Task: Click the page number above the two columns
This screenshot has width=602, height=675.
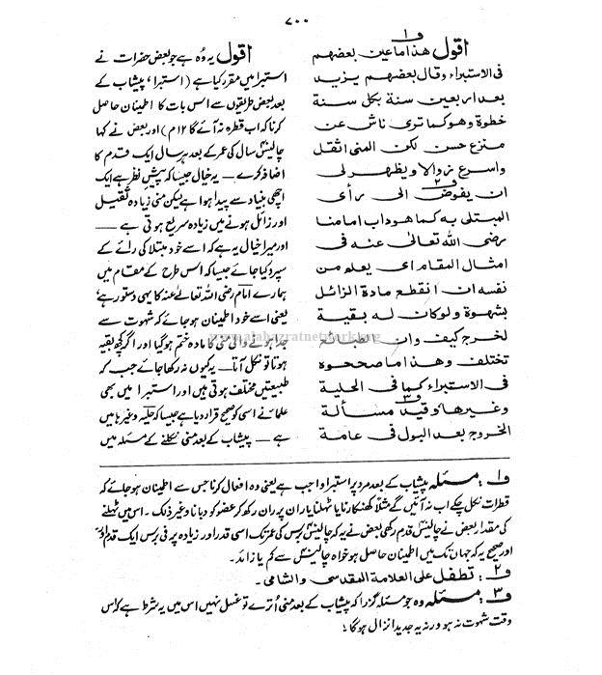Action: coord(300,20)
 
